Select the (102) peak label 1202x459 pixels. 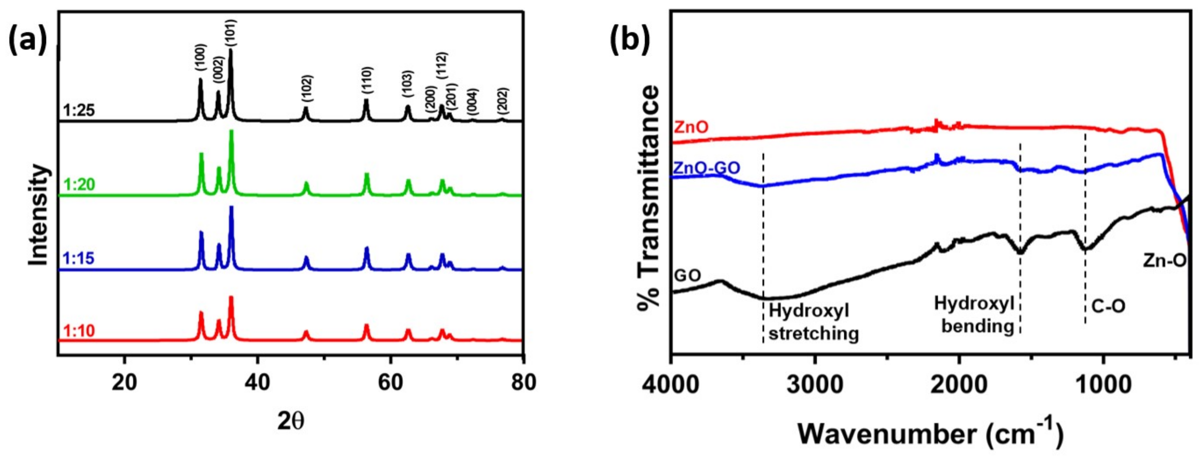(307, 89)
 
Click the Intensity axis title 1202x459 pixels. (39, 214)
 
